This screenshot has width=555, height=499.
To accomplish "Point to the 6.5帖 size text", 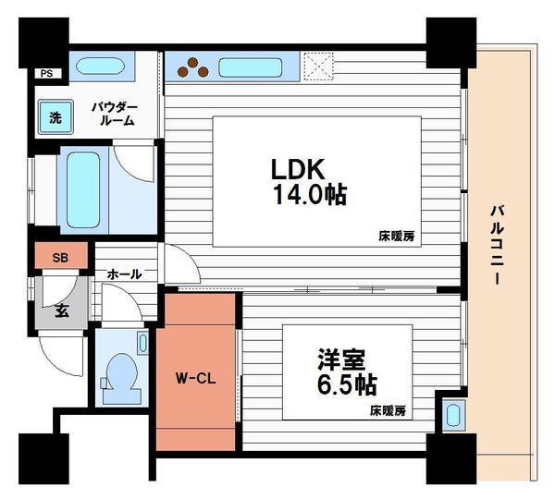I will (x=346, y=383).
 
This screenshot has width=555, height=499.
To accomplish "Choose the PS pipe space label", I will (x=45, y=73).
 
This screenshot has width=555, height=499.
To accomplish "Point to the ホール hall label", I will (x=124, y=274).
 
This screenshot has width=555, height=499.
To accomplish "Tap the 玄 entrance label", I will (x=60, y=310).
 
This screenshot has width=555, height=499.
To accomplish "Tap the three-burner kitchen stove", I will (x=195, y=67).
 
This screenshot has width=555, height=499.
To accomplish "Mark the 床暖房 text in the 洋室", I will (x=389, y=409).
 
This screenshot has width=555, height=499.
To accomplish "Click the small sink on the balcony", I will (x=453, y=415).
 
